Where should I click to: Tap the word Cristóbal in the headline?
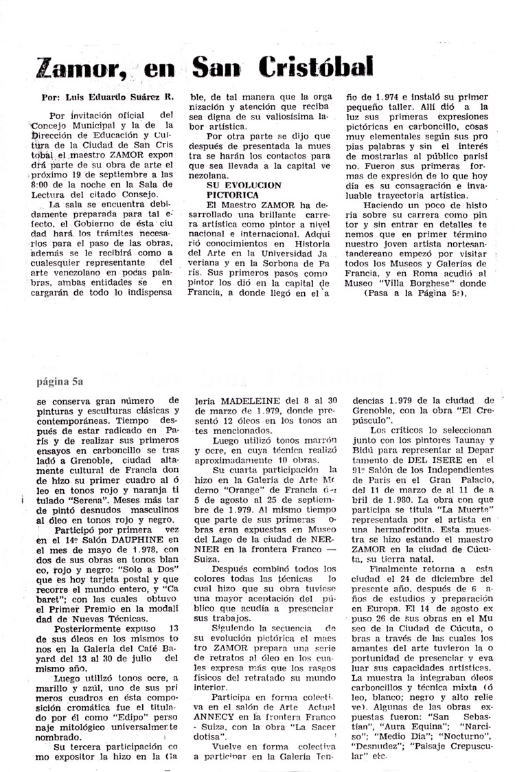[321, 66]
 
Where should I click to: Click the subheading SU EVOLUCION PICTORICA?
[243, 190]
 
